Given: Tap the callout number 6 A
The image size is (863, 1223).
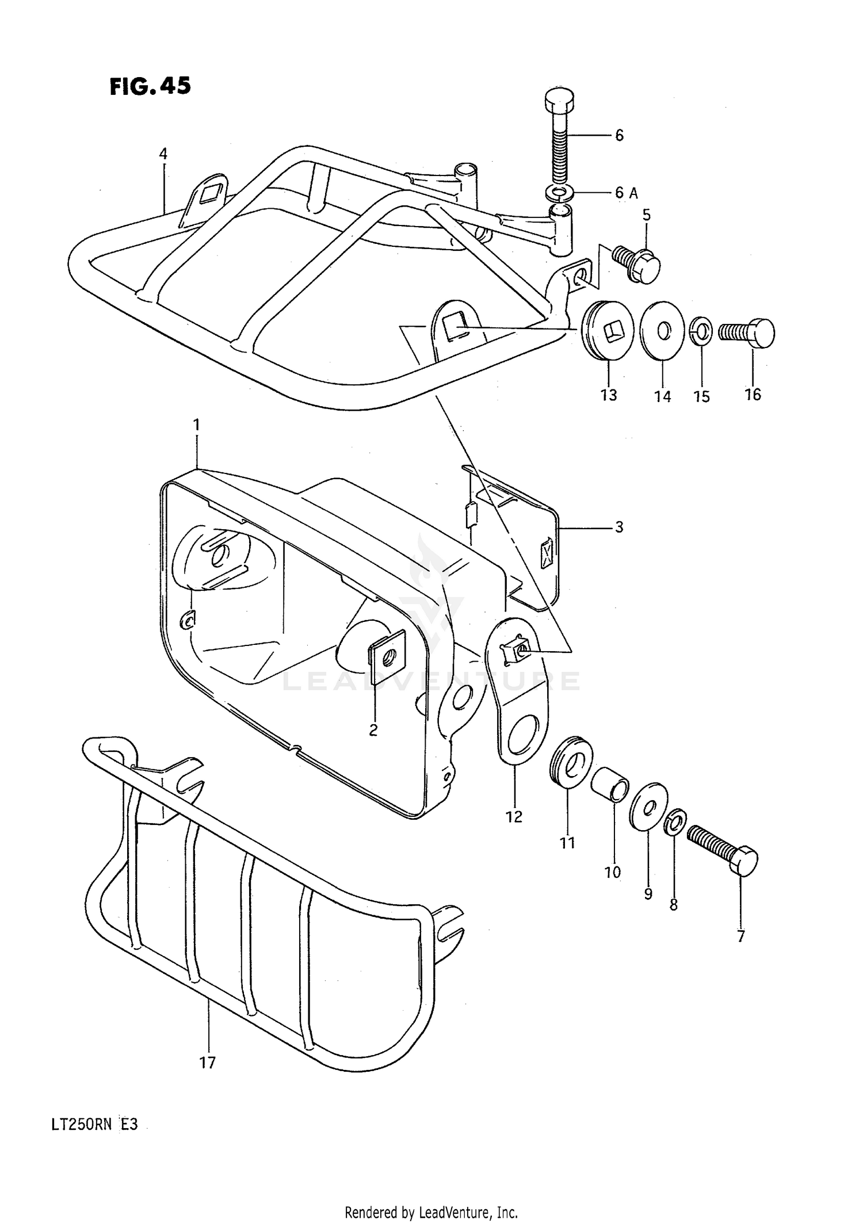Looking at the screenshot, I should (x=626, y=193).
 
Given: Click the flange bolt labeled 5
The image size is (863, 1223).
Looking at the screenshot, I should (x=637, y=264).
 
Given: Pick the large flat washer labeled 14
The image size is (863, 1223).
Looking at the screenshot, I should (x=662, y=330).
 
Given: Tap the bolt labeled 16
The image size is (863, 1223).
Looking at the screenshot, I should (x=747, y=333).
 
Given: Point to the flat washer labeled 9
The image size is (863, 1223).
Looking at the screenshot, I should (x=649, y=802).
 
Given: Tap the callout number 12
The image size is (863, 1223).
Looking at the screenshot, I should (x=514, y=816).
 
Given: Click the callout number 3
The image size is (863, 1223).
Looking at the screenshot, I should (x=619, y=527).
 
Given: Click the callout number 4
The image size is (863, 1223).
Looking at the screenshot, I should (x=163, y=154).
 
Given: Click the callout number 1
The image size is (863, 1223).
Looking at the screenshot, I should (x=196, y=425).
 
